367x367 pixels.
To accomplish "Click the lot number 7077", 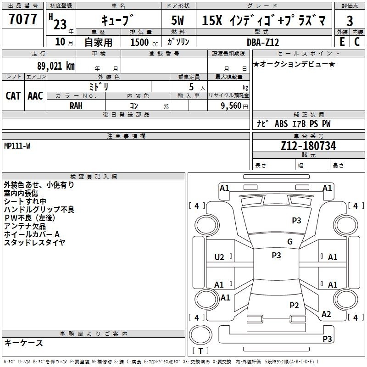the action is (22, 19).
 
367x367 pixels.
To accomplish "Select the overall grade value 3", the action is (350, 21).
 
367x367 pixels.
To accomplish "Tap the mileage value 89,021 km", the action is (56, 66).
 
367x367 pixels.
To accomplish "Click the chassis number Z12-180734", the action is (308, 145).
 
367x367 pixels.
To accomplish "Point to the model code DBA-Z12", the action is (263, 42).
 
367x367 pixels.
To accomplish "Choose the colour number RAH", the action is (76, 106).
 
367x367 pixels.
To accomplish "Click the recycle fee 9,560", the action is (231, 106).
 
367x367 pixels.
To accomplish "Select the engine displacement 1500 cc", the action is (144, 42).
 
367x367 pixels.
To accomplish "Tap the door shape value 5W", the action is (178, 20).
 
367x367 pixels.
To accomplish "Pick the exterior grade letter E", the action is (342, 42).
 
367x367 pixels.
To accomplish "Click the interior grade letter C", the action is (357, 42).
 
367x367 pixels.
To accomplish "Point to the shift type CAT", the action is (13, 96).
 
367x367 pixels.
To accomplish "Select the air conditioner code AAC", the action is (35, 96).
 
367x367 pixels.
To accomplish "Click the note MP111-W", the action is (17, 146).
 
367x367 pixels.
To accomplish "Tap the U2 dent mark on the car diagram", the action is (219, 257).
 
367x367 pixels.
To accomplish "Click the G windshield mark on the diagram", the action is (290, 241).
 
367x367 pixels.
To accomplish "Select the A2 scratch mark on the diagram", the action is (326, 314).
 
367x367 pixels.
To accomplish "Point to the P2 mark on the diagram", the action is (294, 305).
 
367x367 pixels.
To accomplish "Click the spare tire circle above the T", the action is (200, 335).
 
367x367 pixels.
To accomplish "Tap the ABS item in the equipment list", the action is (281, 124).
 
